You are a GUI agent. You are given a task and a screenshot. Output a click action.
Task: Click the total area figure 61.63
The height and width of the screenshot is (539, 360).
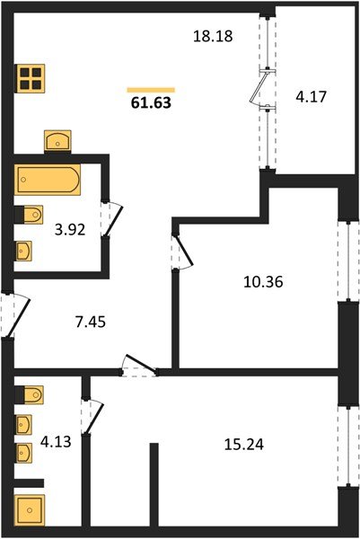click(x=151, y=102)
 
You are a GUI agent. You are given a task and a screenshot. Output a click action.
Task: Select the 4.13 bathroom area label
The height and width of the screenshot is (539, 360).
click(x=56, y=441)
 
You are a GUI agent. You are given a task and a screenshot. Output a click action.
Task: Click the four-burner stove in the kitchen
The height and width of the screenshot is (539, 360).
click(x=31, y=78)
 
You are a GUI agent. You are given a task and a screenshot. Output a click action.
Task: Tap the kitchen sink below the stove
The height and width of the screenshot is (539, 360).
click(x=57, y=141)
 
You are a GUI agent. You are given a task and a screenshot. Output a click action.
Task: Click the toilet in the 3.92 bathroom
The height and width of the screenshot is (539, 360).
click(x=30, y=216)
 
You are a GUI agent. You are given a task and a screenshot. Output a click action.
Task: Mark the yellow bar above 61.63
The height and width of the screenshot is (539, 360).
click(x=151, y=88)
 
